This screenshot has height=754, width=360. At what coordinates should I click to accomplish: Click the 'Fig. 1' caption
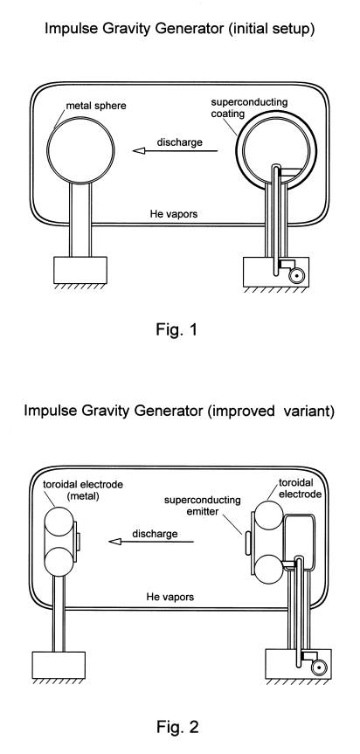(x=177, y=330)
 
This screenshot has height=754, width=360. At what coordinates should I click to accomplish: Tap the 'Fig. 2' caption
(x=177, y=727)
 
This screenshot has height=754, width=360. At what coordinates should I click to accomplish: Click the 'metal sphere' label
(x=95, y=106)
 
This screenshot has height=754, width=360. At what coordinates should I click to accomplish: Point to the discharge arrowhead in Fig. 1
(x=138, y=151)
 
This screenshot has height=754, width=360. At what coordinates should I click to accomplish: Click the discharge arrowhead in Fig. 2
(x=114, y=542)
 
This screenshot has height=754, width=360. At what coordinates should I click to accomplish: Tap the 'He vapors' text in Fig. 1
(x=174, y=214)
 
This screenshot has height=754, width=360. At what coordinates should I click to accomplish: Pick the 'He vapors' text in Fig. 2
(x=170, y=598)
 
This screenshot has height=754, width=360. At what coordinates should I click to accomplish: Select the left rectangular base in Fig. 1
(x=80, y=270)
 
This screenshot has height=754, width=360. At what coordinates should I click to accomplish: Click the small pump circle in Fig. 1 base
(x=296, y=276)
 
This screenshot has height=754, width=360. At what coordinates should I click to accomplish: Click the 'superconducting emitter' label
(x=203, y=506)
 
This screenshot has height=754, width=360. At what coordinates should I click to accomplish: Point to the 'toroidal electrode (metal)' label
(x=80, y=490)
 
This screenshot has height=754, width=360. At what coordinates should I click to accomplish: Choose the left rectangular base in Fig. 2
(x=59, y=665)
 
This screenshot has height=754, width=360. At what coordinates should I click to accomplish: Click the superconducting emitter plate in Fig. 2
(x=248, y=543)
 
